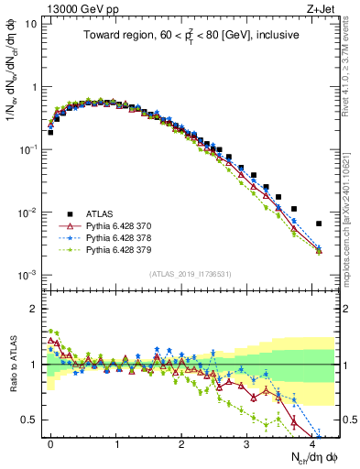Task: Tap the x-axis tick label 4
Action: (x=312, y=442)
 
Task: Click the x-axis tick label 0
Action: (x=50, y=442)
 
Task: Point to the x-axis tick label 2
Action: (x=181, y=442)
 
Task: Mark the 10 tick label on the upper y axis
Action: (x=31, y=24)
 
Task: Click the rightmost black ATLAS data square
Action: (x=319, y=224)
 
